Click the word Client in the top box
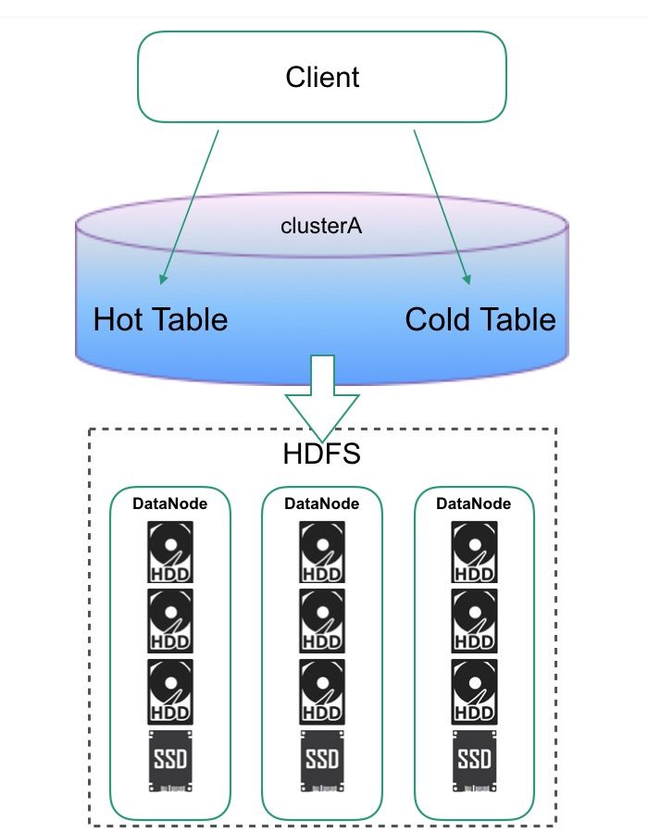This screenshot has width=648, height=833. pyautogui.click(x=322, y=77)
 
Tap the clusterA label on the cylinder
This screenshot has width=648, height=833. pyautogui.click(x=321, y=226)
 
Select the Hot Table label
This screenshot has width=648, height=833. pyautogui.click(x=160, y=319)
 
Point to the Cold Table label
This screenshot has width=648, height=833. pyautogui.click(x=480, y=319)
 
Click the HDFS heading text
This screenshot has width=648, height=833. pyautogui.click(x=322, y=454)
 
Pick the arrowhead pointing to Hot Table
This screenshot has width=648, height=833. pyautogui.click(x=163, y=279)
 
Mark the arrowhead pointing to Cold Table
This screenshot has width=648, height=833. pyautogui.click(x=467, y=279)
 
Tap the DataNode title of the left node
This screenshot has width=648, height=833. pyautogui.click(x=170, y=504)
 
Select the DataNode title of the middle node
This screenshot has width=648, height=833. pyautogui.click(x=322, y=504)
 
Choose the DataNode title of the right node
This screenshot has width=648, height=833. pyautogui.click(x=474, y=504)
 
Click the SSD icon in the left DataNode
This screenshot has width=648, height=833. pyautogui.click(x=170, y=761)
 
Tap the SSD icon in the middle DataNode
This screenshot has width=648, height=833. pyautogui.click(x=322, y=761)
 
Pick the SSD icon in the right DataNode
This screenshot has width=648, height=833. pyautogui.click(x=474, y=761)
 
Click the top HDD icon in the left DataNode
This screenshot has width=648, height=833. pyautogui.click(x=170, y=552)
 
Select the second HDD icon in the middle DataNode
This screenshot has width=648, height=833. pyautogui.click(x=322, y=620)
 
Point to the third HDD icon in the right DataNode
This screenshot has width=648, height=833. pyautogui.click(x=474, y=691)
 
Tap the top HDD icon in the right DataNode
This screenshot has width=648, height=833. pyautogui.click(x=474, y=552)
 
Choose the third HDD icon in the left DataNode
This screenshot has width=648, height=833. pyautogui.click(x=170, y=691)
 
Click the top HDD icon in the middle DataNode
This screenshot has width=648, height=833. pyautogui.click(x=322, y=552)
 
